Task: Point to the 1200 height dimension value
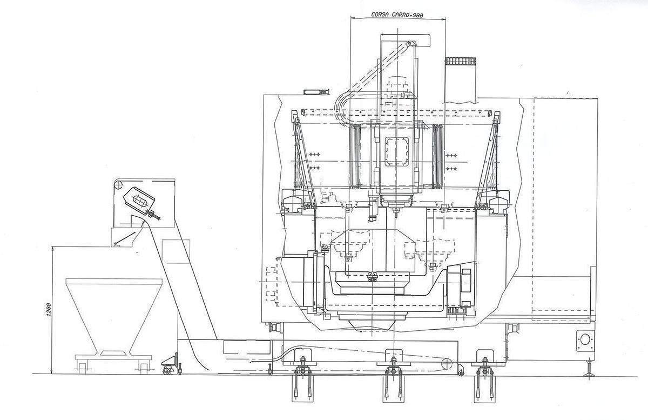(49, 310)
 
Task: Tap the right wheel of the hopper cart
(143, 367)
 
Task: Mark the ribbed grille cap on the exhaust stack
(460, 62)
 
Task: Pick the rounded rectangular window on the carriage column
(398, 152)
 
